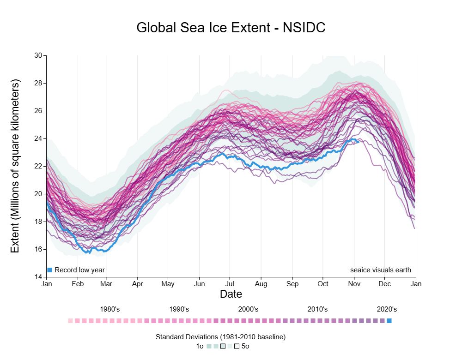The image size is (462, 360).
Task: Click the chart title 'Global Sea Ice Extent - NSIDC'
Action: (x=231, y=28)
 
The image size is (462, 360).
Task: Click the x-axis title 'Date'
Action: (x=231, y=294)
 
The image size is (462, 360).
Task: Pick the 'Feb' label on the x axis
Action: (x=77, y=284)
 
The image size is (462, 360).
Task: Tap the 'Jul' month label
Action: (x=230, y=284)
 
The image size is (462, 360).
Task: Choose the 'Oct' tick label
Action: (x=323, y=284)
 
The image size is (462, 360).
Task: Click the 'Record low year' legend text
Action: (x=79, y=270)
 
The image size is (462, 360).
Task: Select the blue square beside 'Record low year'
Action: (x=50, y=270)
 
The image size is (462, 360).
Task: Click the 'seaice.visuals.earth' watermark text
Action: (x=381, y=270)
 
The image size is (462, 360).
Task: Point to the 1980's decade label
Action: (x=110, y=309)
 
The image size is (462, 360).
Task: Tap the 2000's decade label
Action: (x=248, y=309)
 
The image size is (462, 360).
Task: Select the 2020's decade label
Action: (x=387, y=309)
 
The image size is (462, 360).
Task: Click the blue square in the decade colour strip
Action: (x=389, y=321)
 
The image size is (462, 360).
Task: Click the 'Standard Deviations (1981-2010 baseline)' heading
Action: (x=221, y=337)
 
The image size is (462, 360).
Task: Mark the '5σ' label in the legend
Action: (x=246, y=346)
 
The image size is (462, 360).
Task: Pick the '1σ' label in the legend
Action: (x=200, y=346)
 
